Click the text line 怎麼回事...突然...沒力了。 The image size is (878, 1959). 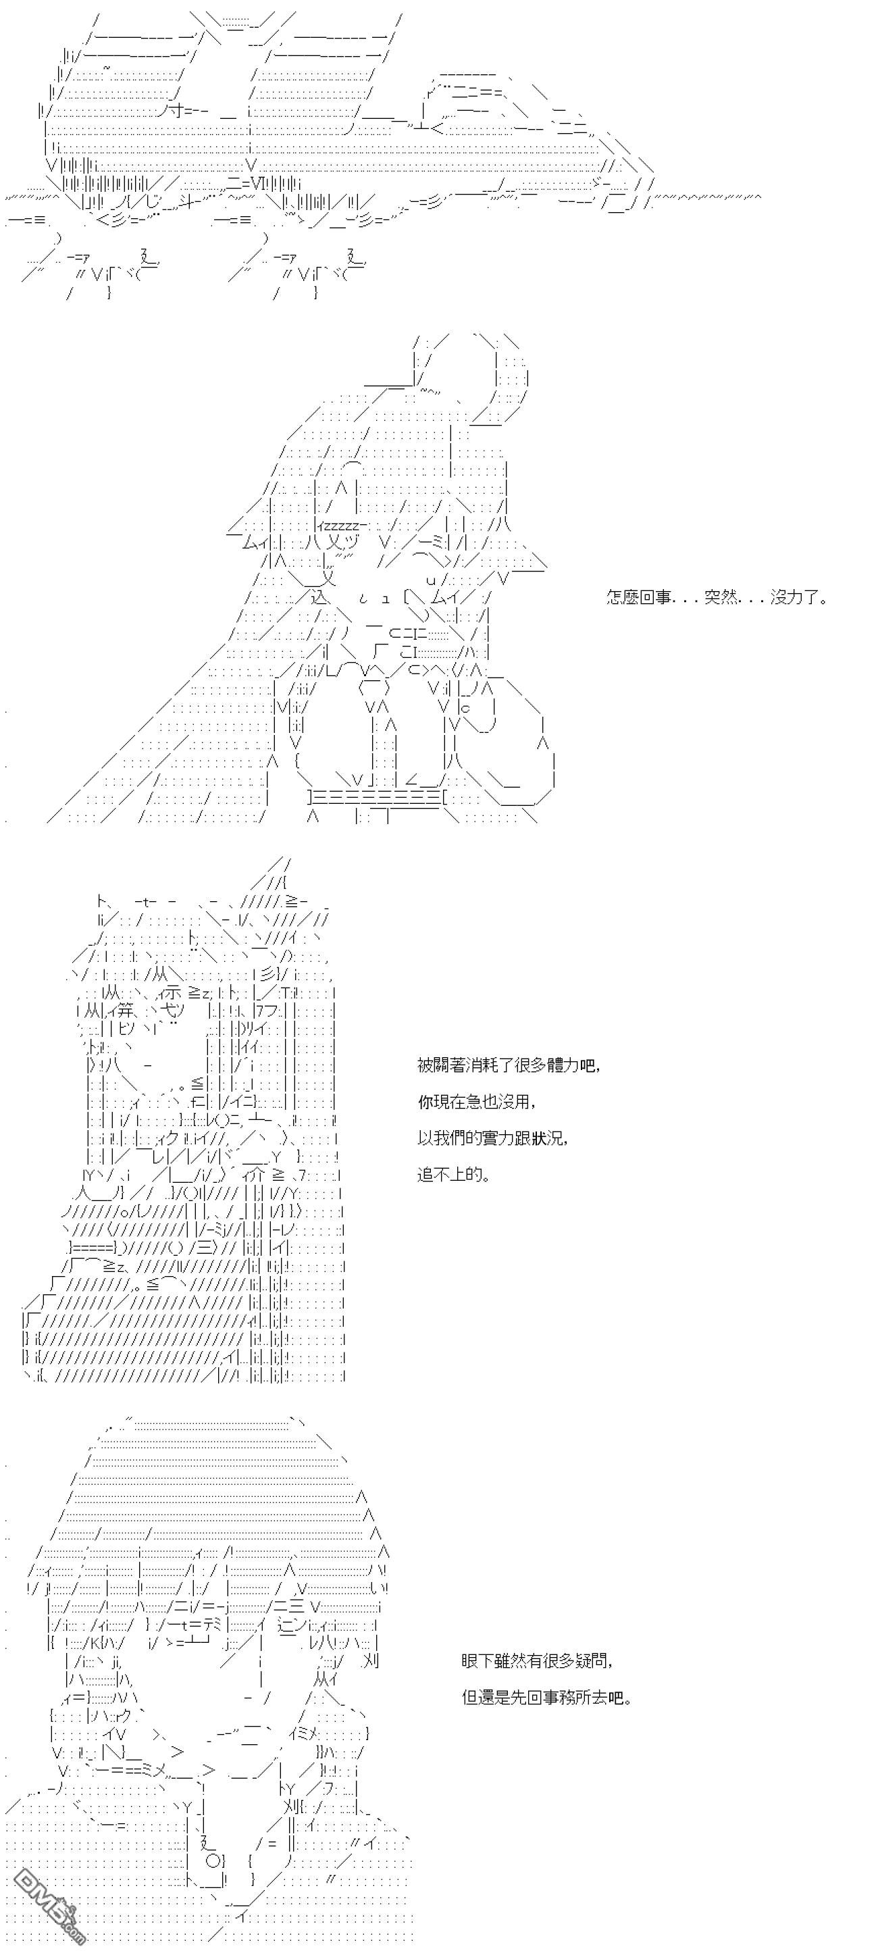pyautogui.click(x=717, y=598)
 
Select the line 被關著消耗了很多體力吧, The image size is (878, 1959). pyautogui.click(x=509, y=1065)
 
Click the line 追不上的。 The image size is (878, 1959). pyautogui.click(x=454, y=1175)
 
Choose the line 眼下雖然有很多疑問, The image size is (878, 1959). pyautogui.click(x=537, y=1661)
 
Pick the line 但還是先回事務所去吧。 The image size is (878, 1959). pyautogui.click(x=546, y=1698)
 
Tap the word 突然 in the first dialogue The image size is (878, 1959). pyautogui.click(x=721, y=598)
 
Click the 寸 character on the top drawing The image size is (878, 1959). pyautogui.click(x=170, y=111)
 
